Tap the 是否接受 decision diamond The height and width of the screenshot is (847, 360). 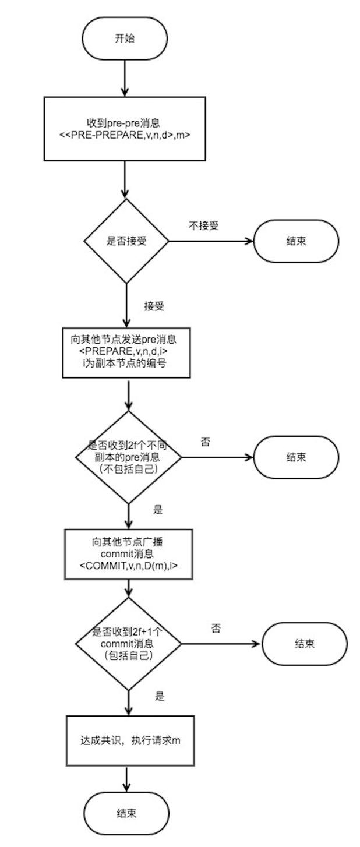pos(126,241)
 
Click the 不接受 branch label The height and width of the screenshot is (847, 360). pos(203,225)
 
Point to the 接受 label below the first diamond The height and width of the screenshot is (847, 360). pos(154,305)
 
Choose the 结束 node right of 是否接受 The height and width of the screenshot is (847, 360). pos(295,241)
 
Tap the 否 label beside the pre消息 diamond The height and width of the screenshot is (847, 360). pos(205,442)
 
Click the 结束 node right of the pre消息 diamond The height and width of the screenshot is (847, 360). pos(295,457)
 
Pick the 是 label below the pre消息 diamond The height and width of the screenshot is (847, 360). pos(157,510)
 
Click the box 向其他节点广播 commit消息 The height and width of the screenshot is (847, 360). pos(127,554)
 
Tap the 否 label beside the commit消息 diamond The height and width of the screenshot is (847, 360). pos(216,629)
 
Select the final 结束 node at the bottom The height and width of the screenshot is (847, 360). pos(126,813)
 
